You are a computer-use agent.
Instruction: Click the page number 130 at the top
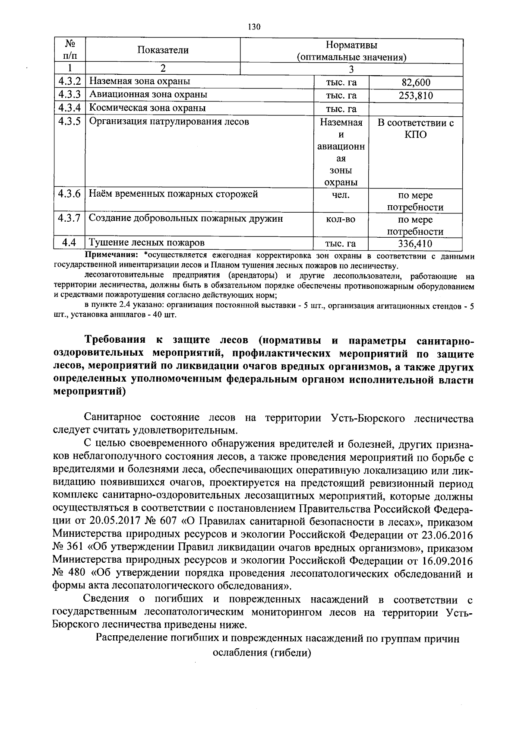(254, 27)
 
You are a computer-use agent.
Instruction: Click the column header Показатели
(163, 50)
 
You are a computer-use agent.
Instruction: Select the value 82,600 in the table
(416, 83)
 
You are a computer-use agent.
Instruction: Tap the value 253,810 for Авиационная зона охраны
(416, 96)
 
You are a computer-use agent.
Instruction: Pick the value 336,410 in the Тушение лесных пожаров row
(415, 244)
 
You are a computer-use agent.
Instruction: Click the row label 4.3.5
(69, 121)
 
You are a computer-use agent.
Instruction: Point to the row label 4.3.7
(69, 218)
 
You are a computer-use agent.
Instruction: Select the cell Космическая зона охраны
(147, 108)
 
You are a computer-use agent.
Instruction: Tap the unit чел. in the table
(341, 195)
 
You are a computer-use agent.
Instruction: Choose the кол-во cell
(341, 219)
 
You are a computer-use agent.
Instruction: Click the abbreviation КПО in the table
(416, 135)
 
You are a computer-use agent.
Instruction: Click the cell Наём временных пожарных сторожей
(173, 194)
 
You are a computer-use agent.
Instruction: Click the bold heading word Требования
(114, 341)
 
